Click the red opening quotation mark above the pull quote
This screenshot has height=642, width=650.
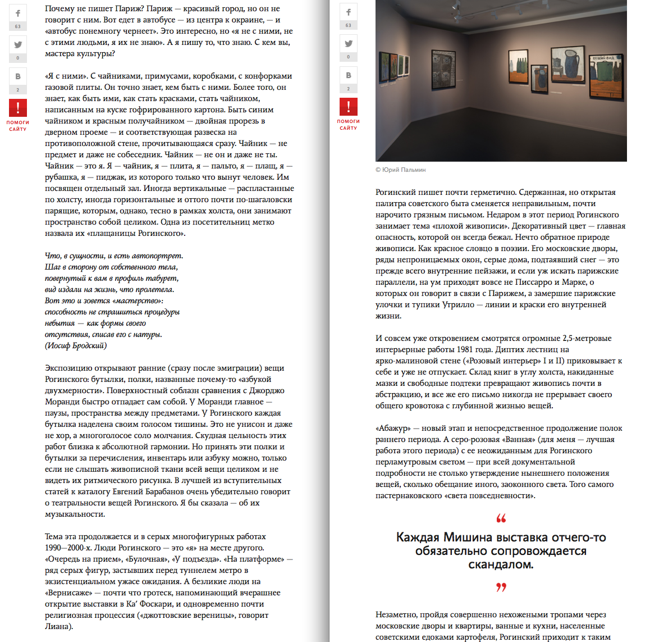pyautogui.click(x=501, y=518)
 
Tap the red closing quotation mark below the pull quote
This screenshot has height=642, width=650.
pyautogui.click(x=501, y=587)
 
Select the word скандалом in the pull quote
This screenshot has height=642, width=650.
pyautogui.click(x=501, y=564)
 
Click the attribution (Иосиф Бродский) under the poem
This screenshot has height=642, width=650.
pyautogui.click(x=76, y=345)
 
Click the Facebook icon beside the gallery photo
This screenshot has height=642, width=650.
pyautogui.click(x=348, y=12)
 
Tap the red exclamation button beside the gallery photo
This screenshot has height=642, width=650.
pyautogui.click(x=348, y=106)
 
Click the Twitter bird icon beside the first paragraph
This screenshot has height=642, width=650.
pyautogui.click(x=18, y=44)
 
